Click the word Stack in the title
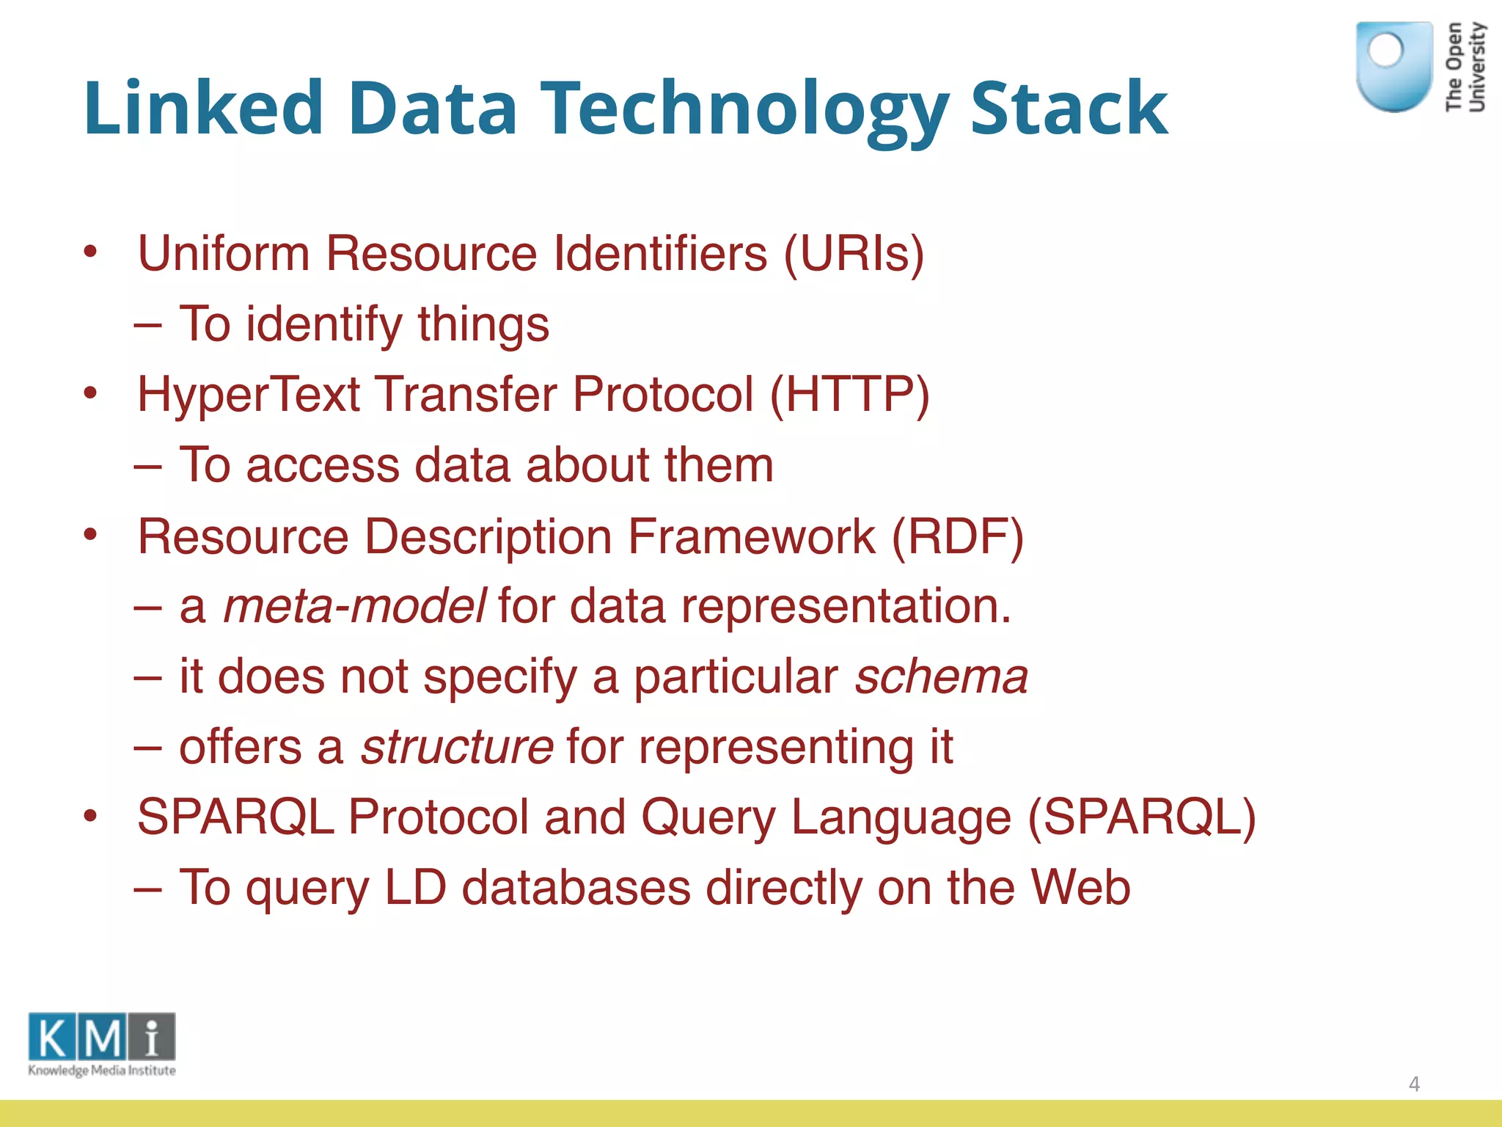coord(1069,109)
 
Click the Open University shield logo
coord(1394,67)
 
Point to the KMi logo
coord(102,1044)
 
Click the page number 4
coord(1414,1084)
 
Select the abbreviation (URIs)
coord(854,254)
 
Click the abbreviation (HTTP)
coord(849,395)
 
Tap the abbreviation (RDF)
coord(957,536)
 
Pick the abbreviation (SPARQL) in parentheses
coord(1142,817)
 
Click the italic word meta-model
coord(353,607)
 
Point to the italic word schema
coord(942,676)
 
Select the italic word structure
coord(457,747)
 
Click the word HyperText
coord(249,395)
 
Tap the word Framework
coord(752,536)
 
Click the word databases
coord(576,887)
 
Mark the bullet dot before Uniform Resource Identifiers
coord(90,252)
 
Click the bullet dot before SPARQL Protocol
coord(90,816)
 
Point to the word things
coord(483,324)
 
